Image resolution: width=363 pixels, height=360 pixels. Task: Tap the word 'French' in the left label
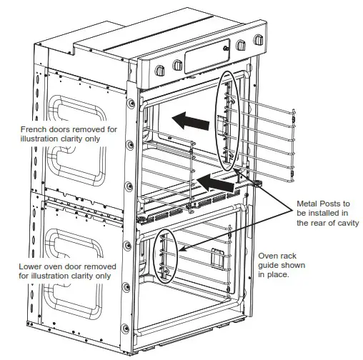pyautogui.click(x=35, y=129)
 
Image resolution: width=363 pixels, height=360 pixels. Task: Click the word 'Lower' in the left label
pyautogui.click(x=33, y=264)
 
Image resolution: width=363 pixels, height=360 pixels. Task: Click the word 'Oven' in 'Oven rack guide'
pyautogui.click(x=269, y=255)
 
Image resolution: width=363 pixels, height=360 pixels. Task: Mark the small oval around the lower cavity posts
pyautogui.click(x=166, y=256)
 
